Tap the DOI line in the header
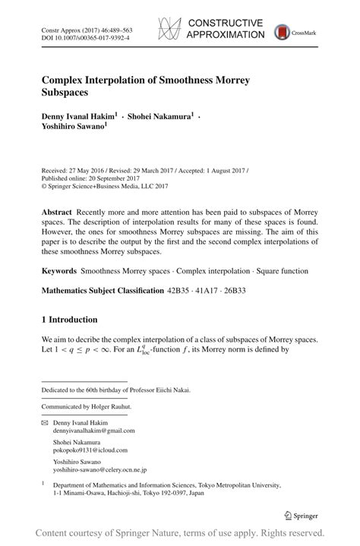click(x=85, y=35)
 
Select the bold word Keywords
click(x=58, y=270)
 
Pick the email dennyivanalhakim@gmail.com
click(x=93, y=430)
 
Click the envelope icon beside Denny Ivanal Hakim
click(x=44, y=421)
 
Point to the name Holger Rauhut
click(x=115, y=406)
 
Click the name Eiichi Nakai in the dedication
click(x=172, y=390)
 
